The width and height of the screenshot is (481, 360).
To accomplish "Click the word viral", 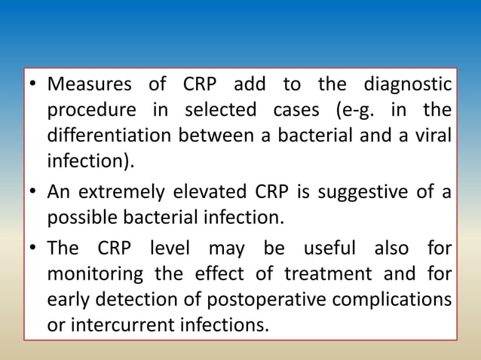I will point(433,136).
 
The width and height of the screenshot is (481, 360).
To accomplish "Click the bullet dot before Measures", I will point(32,84).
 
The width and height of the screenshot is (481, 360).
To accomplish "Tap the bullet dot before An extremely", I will point(32,191).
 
